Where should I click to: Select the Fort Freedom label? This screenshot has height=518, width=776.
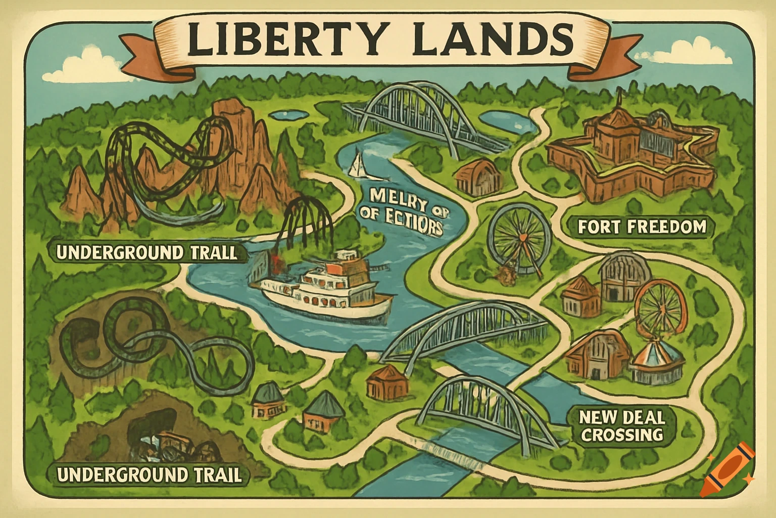[642, 227]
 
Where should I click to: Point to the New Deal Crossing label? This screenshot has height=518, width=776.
[621, 426]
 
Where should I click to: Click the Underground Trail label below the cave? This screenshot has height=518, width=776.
[149, 475]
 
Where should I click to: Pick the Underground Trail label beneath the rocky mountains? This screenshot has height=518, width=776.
[147, 252]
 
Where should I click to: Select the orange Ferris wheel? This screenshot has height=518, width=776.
[659, 308]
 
